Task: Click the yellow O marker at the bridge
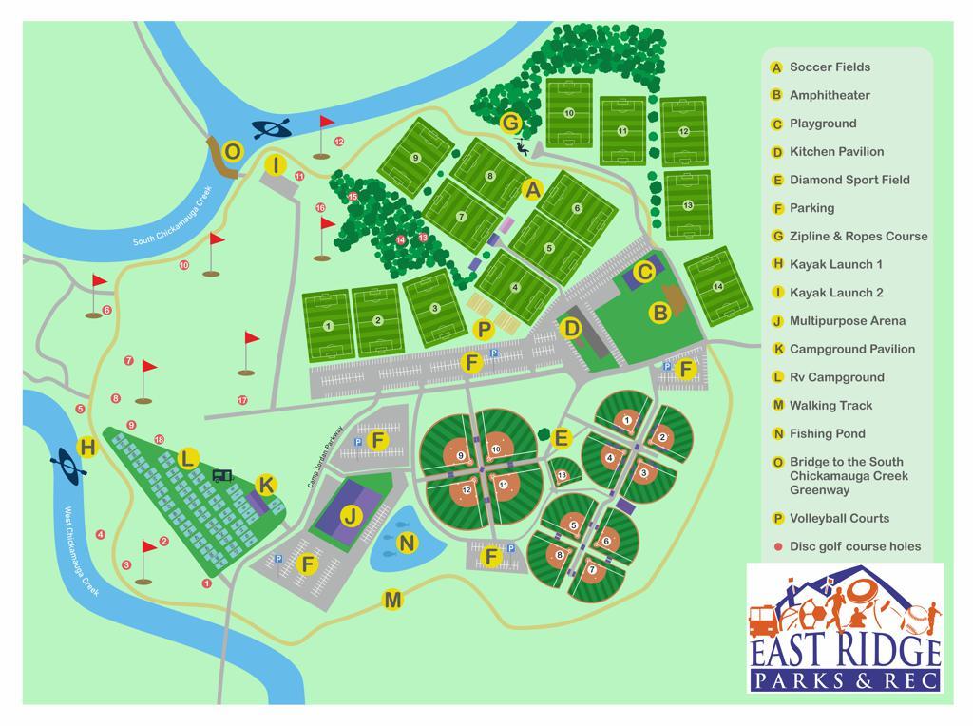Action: click(x=232, y=151)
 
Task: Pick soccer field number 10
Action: click(x=569, y=113)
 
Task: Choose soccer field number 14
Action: click(x=718, y=286)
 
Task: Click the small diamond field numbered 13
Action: click(x=562, y=474)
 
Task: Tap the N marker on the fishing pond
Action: click(x=407, y=543)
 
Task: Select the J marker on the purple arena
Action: click(x=352, y=517)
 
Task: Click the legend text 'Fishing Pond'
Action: click(x=827, y=433)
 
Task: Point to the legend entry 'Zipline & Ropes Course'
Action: click(x=858, y=236)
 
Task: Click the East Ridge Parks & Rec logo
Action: click(x=845, y=627)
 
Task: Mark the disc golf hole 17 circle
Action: click(x=242, y=400)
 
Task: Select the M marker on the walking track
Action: click(x=391, y=600)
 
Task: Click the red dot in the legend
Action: click(x=776, y=546)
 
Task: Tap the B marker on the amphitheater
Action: click(x=659, y=312)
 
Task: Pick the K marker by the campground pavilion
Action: click(x=266, y=486)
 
